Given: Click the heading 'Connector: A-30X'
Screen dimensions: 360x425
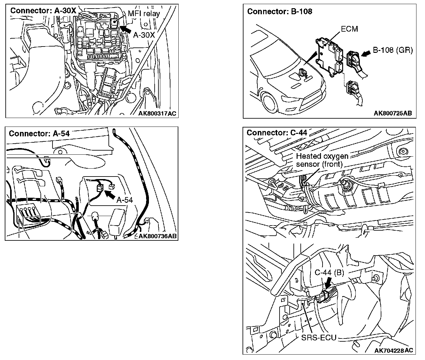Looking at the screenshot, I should (x=43, y=10).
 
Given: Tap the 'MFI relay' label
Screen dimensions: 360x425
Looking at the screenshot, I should (x=144, y=14).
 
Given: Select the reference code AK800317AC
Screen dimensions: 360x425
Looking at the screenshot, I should (x=157, y=114).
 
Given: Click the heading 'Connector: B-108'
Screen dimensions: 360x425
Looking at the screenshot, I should (x=280, y=11).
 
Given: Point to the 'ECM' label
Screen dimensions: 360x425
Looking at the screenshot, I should (x=349, y=29).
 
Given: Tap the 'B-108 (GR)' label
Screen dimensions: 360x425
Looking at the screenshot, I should (x=393, y=50).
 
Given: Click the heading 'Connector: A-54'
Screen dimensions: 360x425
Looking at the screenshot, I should (x=39, y=133).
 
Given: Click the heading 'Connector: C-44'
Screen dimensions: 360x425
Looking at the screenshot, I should (x=277, y=133).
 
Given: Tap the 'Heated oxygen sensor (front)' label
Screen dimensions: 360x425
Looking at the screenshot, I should (x=322, y=160).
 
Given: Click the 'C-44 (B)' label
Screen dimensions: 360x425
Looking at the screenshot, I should (x=329, y=272).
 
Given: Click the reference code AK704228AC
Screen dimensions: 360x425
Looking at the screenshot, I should (x=393, y=350).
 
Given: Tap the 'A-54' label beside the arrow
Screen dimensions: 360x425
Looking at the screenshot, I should (x=125, y=200).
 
